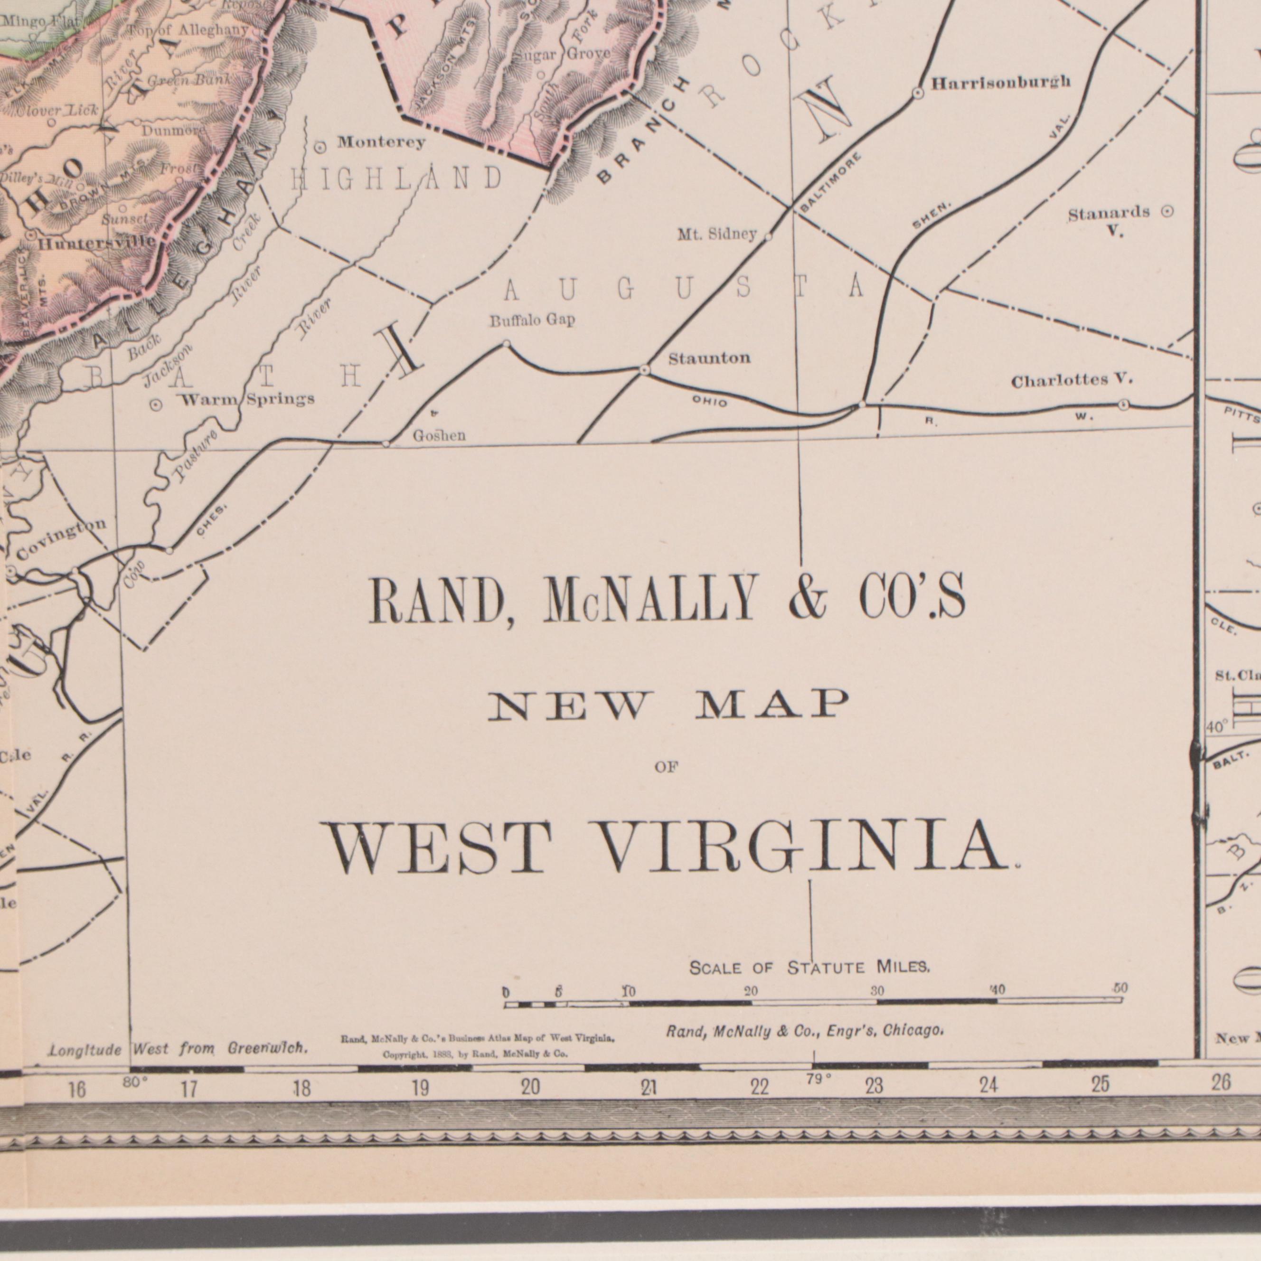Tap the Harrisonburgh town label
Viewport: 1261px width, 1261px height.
tap(1000, 82)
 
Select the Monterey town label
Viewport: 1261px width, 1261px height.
tap(381, 142)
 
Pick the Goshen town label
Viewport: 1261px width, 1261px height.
tap(439, 435)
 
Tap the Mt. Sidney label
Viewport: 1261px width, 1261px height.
tap(716, 234)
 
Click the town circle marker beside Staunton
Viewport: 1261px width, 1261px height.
tap(644, 370)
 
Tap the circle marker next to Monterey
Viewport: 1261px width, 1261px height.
tap(320, 148)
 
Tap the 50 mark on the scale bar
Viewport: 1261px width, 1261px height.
tap(1120, 988)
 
